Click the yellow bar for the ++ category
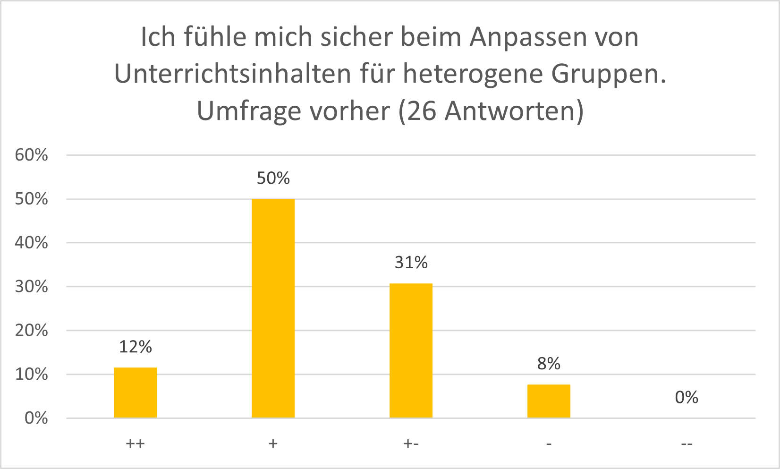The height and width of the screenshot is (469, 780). click(135, 392)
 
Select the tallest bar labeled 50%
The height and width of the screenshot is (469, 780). click(273, 308)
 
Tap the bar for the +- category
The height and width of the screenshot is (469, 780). click(411, 350)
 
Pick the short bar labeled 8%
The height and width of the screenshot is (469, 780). click(549, 401)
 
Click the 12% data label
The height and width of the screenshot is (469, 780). click(135, 347)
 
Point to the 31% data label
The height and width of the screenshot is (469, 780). click(411, 263)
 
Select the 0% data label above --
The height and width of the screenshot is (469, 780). click(686, 398)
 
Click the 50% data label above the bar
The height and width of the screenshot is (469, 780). click(273, 178)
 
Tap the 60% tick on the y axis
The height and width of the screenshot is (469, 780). click(32, 155)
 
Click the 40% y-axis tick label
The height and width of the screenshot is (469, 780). click(32, 243)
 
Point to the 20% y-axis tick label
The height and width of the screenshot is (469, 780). click(32, 331)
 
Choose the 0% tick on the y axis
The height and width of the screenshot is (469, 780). click(36, 418)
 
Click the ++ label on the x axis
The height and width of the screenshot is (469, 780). click(135, 444)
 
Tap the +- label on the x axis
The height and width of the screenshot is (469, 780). click(411, 444)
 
